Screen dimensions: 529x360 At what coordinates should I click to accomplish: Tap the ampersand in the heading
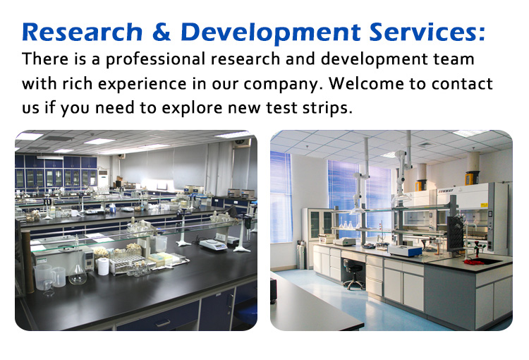click(162, 32)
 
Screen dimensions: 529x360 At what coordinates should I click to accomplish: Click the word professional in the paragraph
click(155, 59)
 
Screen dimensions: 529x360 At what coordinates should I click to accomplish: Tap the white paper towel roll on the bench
click(103, 266)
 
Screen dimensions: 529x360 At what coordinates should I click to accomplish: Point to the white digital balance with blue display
click(213, 244)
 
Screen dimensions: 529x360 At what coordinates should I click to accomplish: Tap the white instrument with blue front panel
click(405, 251)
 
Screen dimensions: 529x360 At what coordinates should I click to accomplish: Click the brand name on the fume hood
click(446, 191)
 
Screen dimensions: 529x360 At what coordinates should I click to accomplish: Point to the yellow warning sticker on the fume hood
click(484, 205)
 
